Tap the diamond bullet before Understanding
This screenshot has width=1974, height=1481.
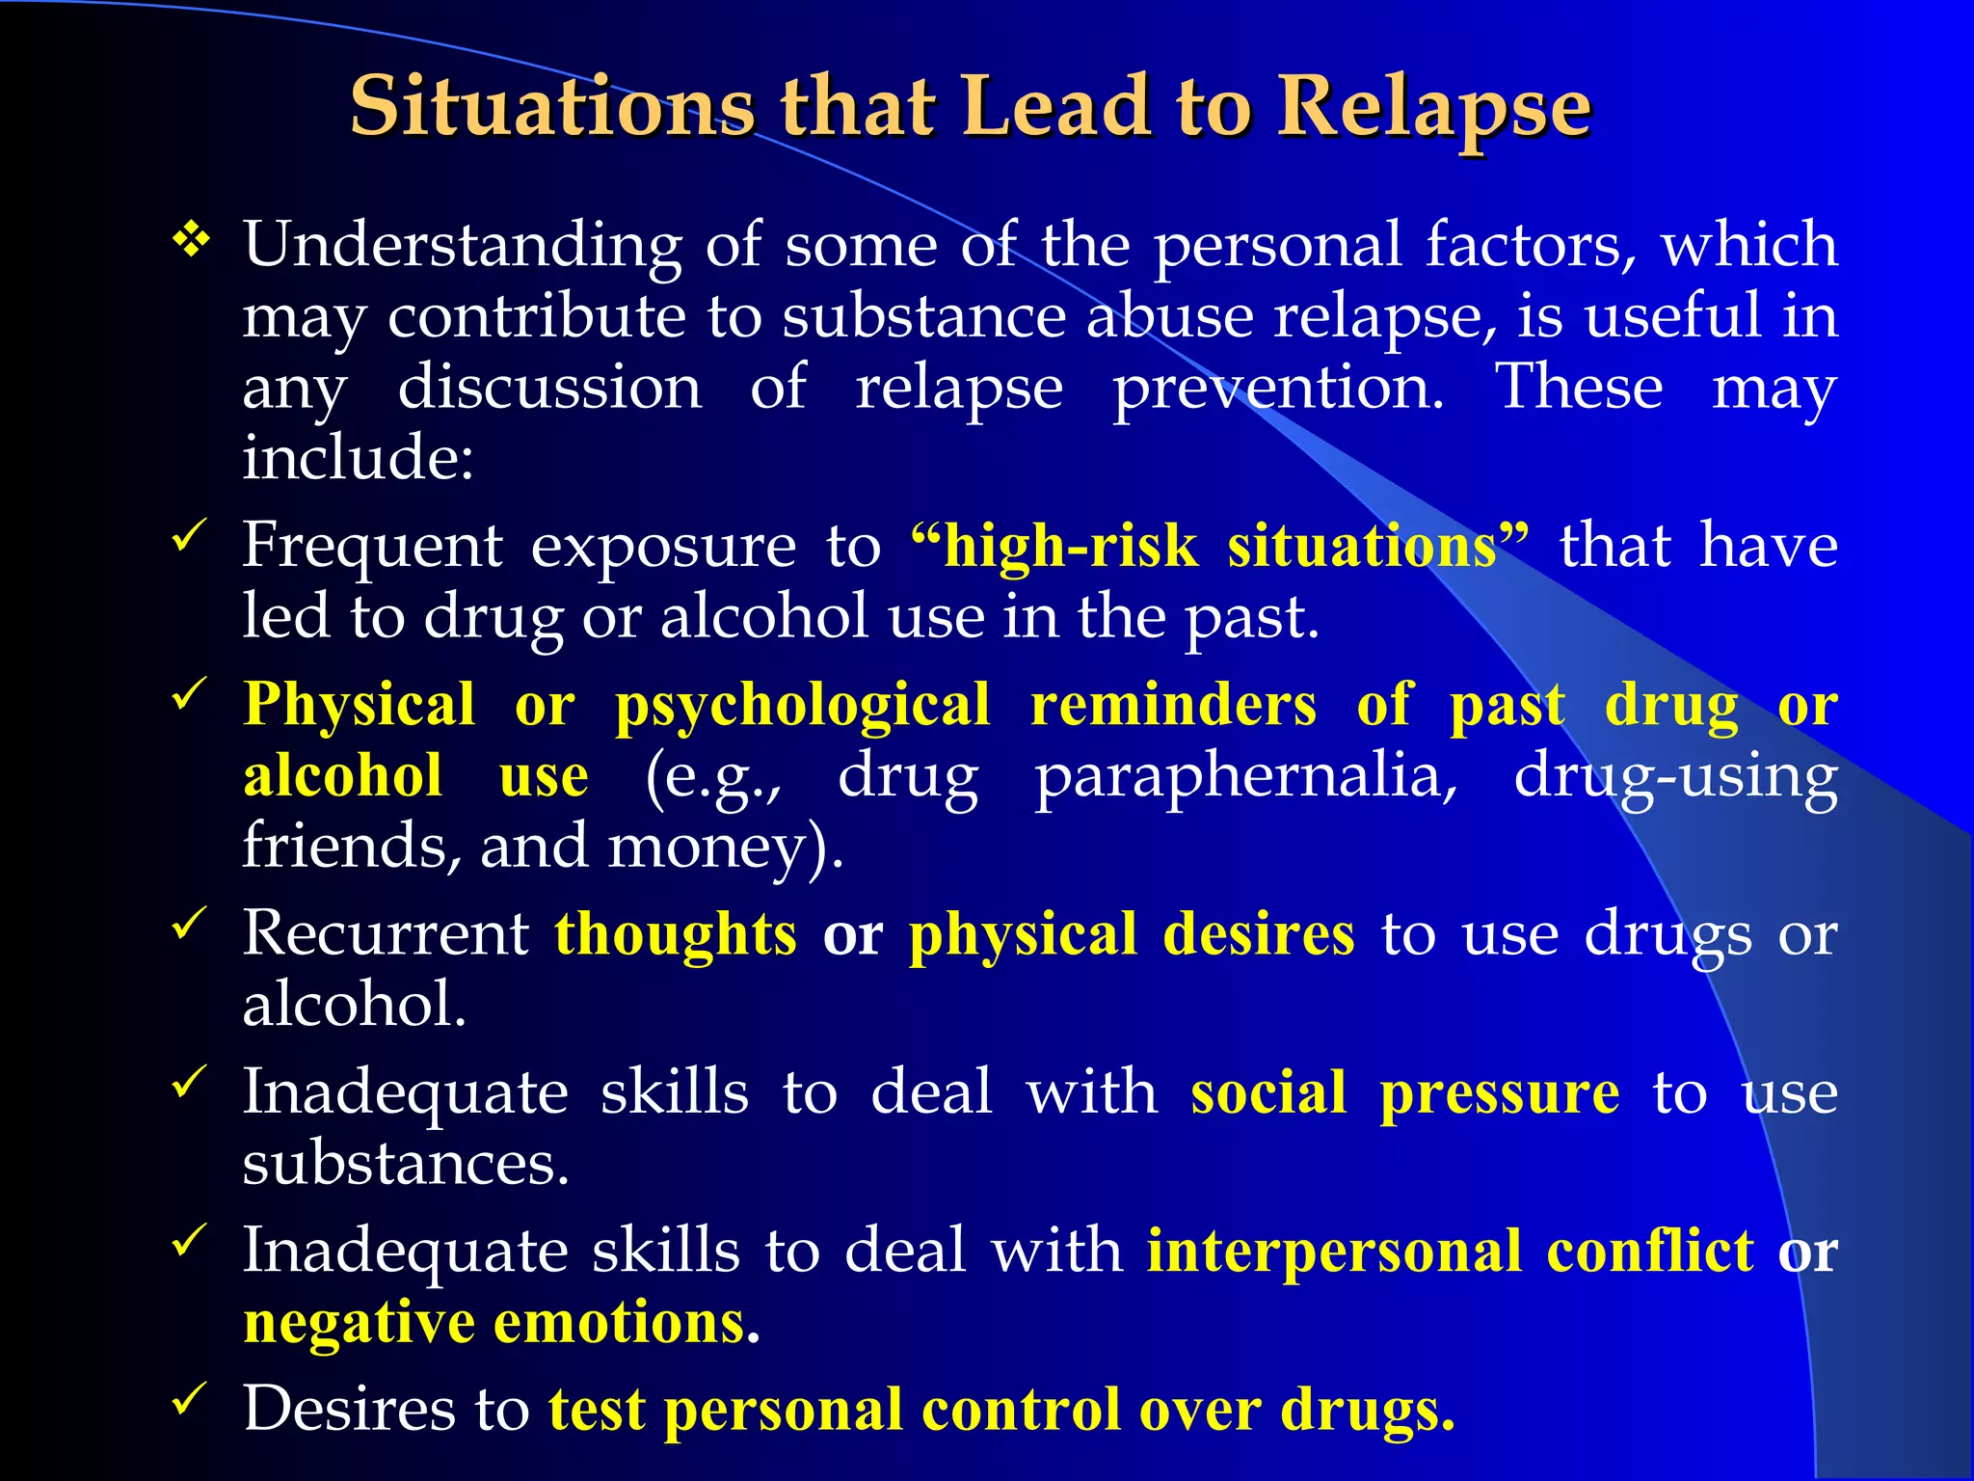click(x=192, y=240)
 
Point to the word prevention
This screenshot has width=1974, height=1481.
click(x=1278, y=390)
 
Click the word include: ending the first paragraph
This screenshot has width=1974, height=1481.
click(x=358, y=457)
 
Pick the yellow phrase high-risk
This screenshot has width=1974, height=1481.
click(x=1070, y=547)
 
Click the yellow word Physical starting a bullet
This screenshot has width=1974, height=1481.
click(x=359, y=704)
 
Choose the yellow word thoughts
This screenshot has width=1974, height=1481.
click(x=676, y=934)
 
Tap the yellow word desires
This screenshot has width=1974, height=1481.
click(x=1259, y=934)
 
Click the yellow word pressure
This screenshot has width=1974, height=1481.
click(x=1499, y=1094)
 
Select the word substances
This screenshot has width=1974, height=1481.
click(x=405, y=1164)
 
